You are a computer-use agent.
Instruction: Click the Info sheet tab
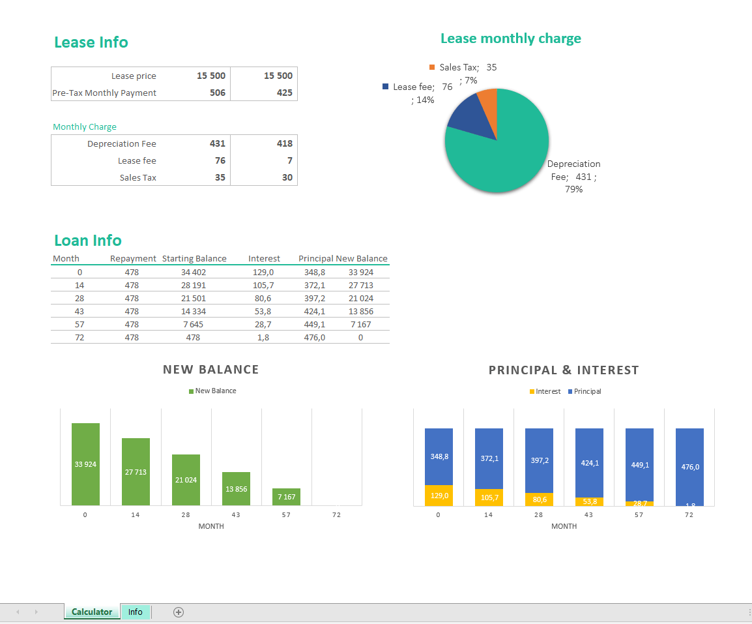tap(135, 612)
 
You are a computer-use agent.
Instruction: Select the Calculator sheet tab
tap(92, 612)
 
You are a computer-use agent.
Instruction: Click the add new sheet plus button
tap(179, 612)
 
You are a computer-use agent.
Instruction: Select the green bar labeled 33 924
tap(85, 464)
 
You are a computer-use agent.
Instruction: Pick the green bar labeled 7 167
tap(286, 497)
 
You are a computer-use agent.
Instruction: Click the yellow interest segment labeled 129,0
tap(439, 496)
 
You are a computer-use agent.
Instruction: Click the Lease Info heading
tap(91, 42)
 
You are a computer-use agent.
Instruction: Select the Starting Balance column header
tap(194, 259)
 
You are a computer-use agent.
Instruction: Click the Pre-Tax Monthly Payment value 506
tap(217, 93)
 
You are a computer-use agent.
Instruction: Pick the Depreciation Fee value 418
tap(284, 143)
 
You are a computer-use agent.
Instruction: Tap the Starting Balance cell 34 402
tap(194, 273)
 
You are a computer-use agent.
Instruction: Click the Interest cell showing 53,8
tap(263, 312)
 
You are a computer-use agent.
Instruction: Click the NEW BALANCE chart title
tap(210, 370)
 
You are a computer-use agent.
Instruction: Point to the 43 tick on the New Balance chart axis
tap(236, 514)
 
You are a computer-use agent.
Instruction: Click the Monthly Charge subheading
tap(85, 127)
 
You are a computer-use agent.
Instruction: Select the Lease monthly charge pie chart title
tap(510, 38)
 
